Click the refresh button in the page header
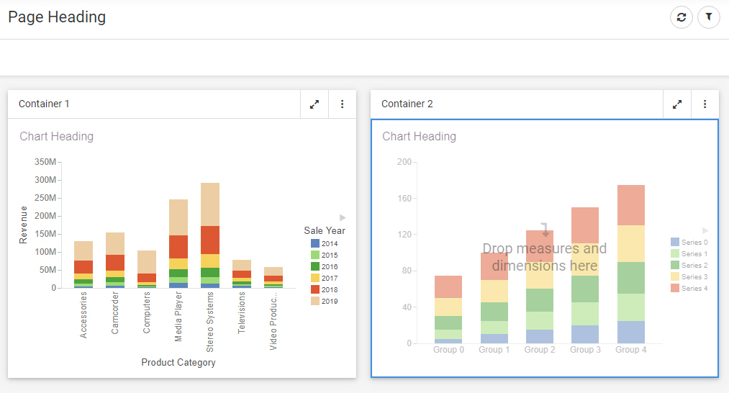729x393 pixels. (682, 17)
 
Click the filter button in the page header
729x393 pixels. (709, 17)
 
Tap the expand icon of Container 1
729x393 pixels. (314, 104)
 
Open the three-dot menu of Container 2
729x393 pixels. (705, 104)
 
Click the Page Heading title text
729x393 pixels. (57, 17)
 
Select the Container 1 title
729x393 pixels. (44, 104)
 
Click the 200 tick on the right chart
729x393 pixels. (404, 163)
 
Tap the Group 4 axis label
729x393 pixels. (630, 350)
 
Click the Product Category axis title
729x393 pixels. (178, 363)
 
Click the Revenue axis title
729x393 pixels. (24, 225)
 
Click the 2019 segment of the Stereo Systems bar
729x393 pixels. (210, 204)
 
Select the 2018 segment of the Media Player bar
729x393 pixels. (178, 247)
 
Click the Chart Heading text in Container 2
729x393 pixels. (419, 137)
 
